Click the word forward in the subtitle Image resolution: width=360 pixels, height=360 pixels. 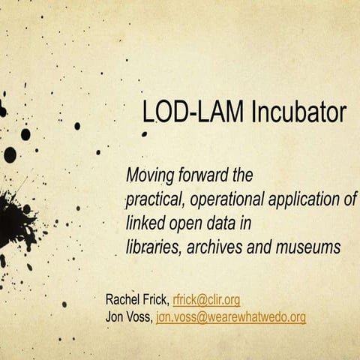point(203,177)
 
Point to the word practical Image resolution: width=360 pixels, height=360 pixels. point(154,199)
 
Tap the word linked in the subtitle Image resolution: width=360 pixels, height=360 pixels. point(145,223)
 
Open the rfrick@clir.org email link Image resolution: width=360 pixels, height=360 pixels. point(206,300)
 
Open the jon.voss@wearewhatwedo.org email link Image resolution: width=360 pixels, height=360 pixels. point(231,317)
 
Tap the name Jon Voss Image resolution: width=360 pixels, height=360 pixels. point(129,317)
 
